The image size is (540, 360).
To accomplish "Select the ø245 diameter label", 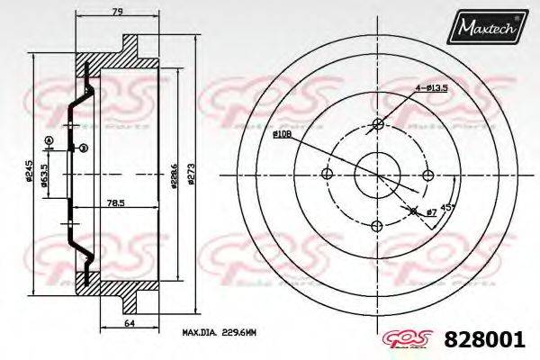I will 31,171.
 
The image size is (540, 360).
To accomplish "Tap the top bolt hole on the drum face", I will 378,124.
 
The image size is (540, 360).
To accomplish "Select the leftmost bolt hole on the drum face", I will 328,174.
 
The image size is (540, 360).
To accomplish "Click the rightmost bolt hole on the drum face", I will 428,174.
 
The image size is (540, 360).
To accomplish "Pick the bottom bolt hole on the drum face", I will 378,224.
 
